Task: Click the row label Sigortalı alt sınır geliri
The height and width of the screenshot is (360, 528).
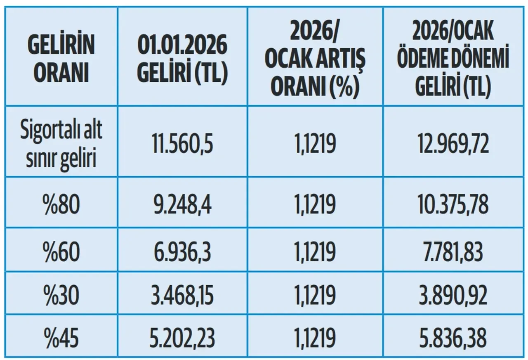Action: [61, 141]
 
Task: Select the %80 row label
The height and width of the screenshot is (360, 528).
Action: [61, 204]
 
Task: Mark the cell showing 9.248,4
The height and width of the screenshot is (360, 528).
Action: [182, 204]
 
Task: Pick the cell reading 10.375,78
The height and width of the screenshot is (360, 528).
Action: [453, 204]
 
